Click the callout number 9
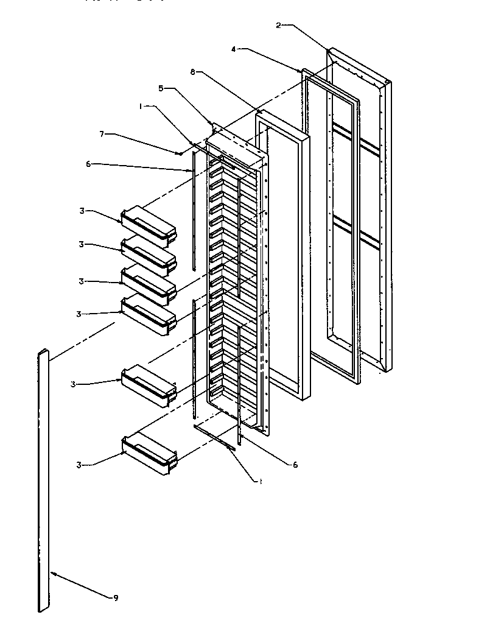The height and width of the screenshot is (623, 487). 116,598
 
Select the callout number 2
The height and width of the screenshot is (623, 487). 278,25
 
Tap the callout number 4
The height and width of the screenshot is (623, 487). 234,49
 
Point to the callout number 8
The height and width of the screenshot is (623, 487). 192,72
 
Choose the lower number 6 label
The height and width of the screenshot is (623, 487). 295,465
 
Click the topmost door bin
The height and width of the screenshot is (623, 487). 149,224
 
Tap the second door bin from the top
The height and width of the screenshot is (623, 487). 149,255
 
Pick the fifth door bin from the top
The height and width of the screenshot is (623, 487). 149,385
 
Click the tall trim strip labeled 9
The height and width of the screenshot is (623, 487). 43,481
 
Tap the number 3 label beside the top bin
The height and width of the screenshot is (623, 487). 81,211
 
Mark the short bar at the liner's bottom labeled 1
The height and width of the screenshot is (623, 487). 213,437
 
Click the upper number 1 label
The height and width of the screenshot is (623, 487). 141,105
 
